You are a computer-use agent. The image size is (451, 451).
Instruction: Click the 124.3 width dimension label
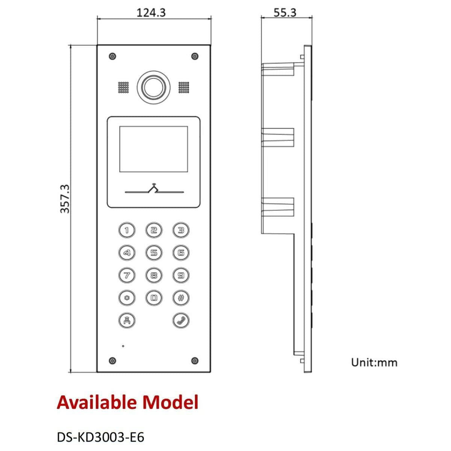point(151,12)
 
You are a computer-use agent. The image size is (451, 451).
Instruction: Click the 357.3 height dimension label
point(65,199)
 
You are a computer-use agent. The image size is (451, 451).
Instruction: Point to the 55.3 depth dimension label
point(285,12)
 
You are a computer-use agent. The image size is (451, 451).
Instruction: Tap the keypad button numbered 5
point(154,253)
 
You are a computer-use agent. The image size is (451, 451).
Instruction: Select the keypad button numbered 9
point(181,275)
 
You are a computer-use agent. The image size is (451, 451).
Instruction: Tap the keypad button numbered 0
point(154,298)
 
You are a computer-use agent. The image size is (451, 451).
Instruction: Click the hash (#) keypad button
point(181,298)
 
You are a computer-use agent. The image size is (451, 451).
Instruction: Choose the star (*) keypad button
point(127,298)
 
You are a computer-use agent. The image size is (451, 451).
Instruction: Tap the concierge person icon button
point(127,321)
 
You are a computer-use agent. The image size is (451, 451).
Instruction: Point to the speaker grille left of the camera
point(123,87)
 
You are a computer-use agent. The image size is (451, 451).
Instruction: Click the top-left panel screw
point(113,56)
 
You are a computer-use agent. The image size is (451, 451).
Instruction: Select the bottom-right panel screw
point(195,361)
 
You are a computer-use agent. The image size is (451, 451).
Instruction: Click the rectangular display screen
point(154,149)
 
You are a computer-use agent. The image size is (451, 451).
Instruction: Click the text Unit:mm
point(374,363)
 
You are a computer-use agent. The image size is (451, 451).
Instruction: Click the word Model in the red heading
point(171,402)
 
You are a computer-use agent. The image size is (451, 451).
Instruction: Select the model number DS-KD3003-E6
point(100,437)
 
